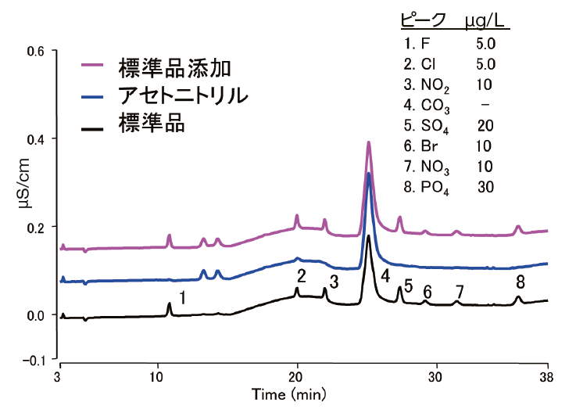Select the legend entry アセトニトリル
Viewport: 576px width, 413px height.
coord(183,96)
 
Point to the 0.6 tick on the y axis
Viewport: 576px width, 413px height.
coord(38,51)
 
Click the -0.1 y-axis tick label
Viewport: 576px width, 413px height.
coord(35,360)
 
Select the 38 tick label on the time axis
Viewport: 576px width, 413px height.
coord(548,378)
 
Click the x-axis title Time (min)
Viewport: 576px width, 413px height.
coord(283,395)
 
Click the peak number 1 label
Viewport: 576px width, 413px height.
coord(182,297)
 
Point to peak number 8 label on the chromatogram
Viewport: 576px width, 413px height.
coord(520,282)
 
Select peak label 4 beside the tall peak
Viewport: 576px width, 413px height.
coord(385,275)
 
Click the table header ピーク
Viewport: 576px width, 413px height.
coord(423,20)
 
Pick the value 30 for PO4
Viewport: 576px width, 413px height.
coord(485,186)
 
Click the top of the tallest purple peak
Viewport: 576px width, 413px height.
coord(369,142)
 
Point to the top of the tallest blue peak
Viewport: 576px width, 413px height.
coord(369,174)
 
